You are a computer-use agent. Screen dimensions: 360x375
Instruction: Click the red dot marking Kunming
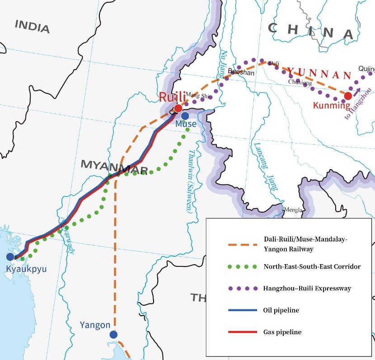pyautogui.click(x=348, y=96)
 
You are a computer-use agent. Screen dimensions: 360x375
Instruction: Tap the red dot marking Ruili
pyautogui.click(x=178, y=108)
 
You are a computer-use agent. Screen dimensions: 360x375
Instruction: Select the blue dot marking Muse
pyautogui.click(x=185, y=116)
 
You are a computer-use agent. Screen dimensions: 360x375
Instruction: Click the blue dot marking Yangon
pyautogui.click(x=113, y=335)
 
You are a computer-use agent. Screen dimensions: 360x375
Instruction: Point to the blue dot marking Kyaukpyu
pyautogui.click(x=10, y=257)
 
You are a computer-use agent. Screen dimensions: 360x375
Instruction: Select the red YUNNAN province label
pyautogui.click(x=319, y=73)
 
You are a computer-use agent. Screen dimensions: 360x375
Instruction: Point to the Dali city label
pyautogui.click(x=274, y=63)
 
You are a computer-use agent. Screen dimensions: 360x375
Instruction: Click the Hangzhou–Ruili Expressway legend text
pyautogui.click(x=307, y=288)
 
